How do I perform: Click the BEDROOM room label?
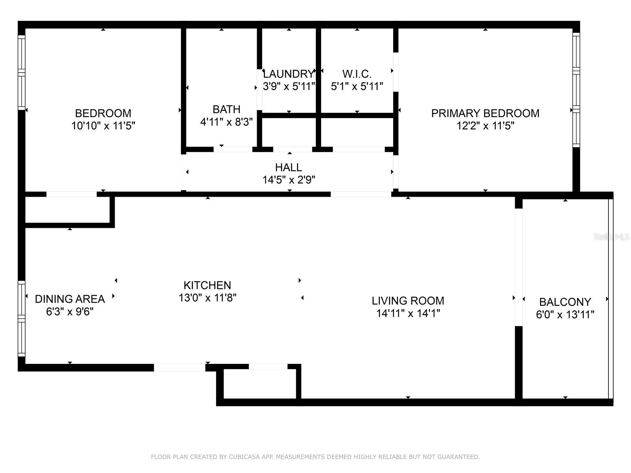coord(103,113)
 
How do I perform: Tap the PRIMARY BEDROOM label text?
coord(485,113)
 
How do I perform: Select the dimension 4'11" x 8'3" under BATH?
coord(226,122)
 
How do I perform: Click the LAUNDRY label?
coord(288,74)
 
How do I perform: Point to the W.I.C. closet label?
coord(357,74)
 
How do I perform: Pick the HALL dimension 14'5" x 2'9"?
coord(289,180)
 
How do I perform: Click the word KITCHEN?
coord(207,285)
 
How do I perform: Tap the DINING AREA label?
coord(70,299)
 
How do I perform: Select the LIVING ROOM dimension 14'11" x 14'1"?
coord(408,313)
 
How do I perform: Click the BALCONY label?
coord(565,302)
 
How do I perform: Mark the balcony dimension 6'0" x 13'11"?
coord(565,315)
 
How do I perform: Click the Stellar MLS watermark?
coord(611,237)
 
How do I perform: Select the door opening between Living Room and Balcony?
coord(519,267)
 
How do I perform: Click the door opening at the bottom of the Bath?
coord(233,149)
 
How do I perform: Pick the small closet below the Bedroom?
coord(67,210)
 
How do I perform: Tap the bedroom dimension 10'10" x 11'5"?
coord(103,126)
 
